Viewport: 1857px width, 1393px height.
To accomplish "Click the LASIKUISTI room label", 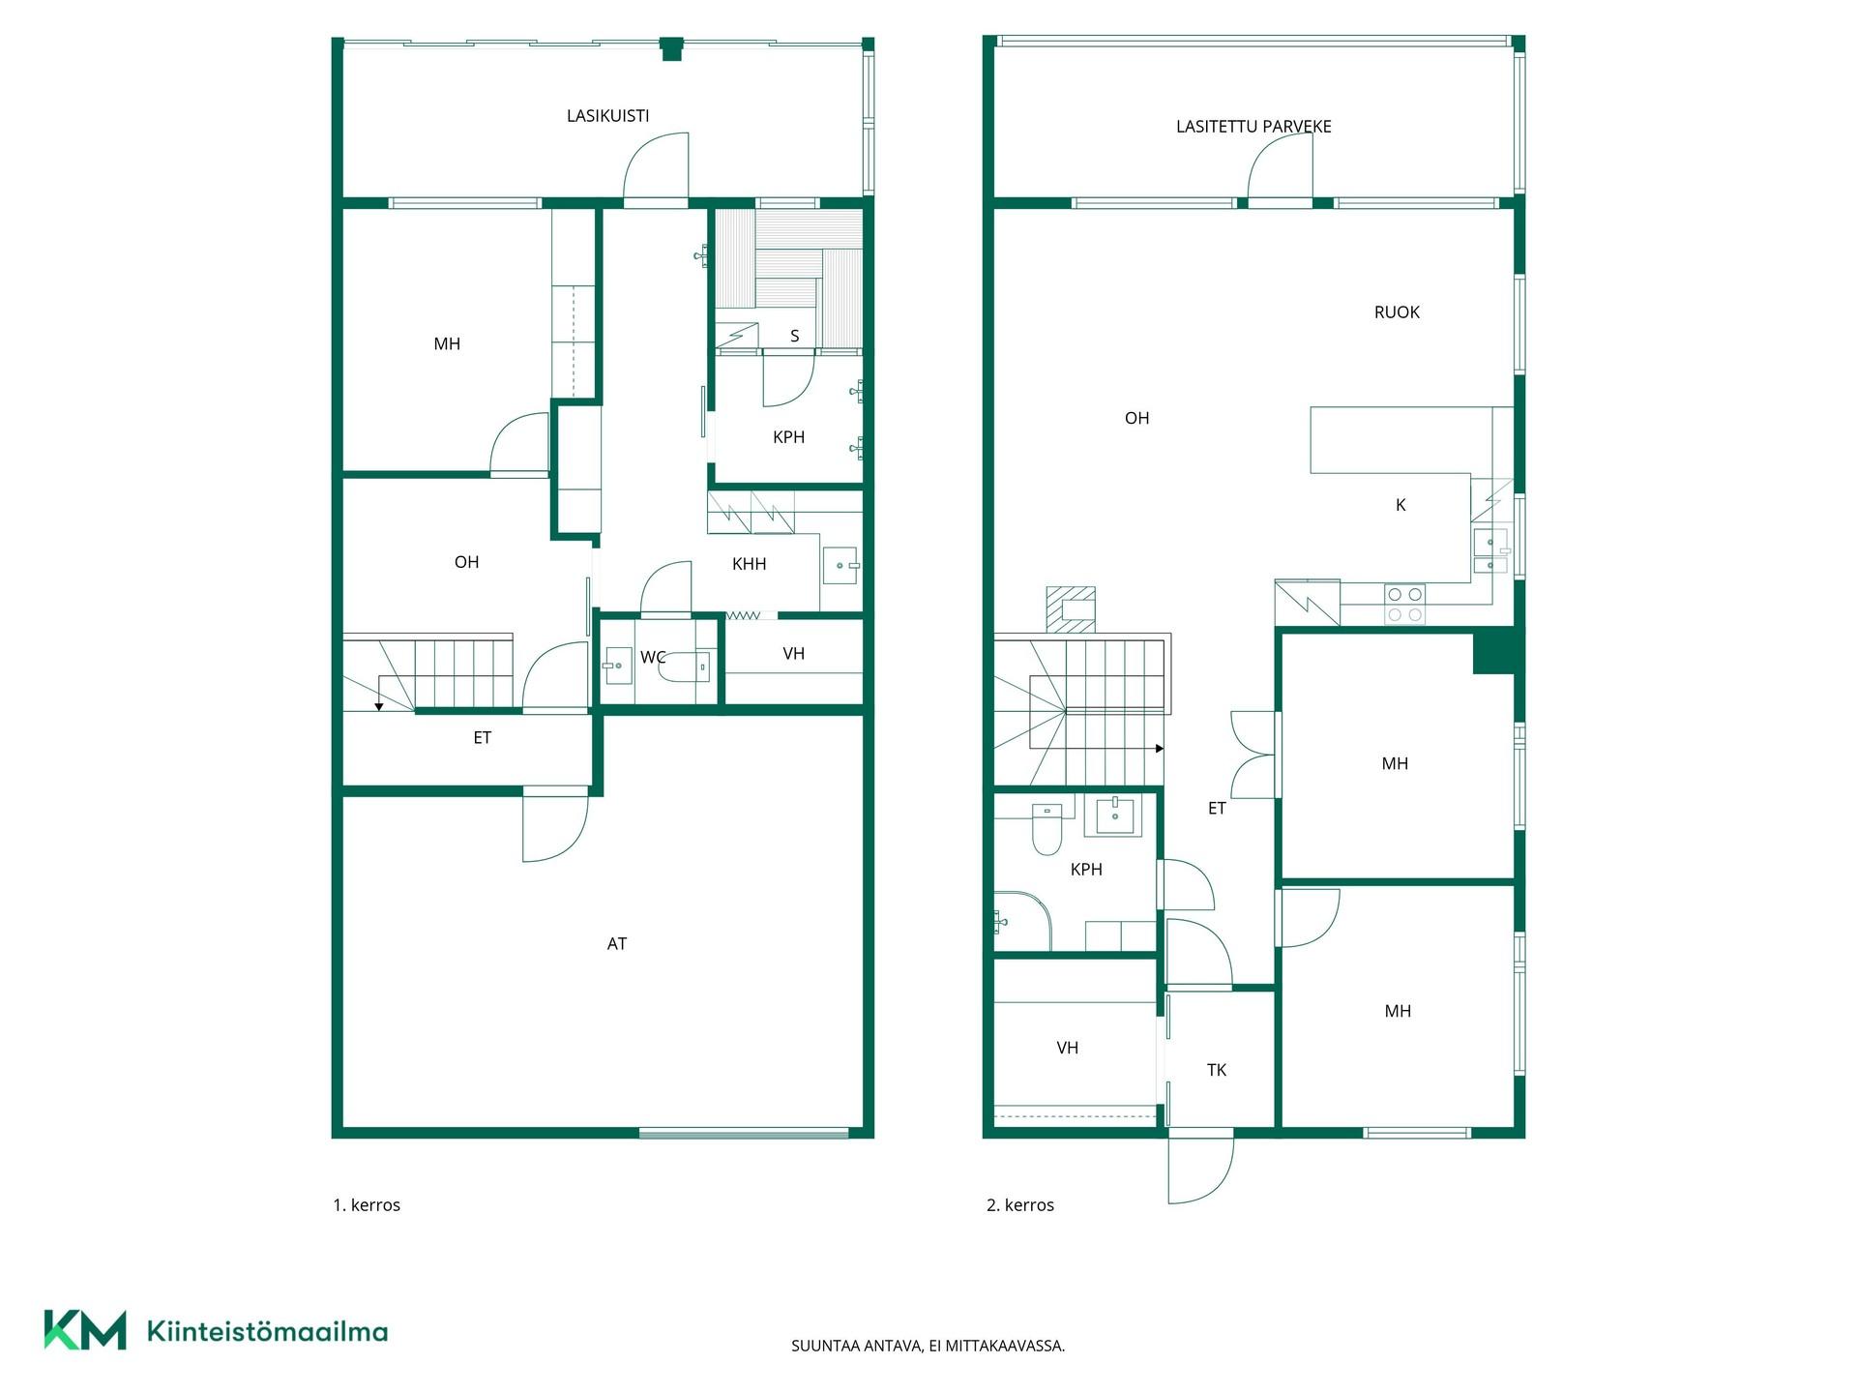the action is pos(607,116).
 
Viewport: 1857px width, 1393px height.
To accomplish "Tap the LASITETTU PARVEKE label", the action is pos(1253,127).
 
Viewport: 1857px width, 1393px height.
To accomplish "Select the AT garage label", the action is pos(617,944).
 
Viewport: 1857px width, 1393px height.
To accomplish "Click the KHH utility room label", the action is pos(750,564).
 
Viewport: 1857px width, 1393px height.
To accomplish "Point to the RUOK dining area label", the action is pos(1397,312).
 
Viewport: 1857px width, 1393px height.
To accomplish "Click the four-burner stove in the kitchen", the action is pos(1404,604).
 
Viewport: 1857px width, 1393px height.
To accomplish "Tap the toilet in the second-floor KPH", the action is pos(1046,829).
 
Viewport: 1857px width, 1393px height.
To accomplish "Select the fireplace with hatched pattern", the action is pos(1071,609).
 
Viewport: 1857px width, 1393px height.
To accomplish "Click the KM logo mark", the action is pos(85,1330).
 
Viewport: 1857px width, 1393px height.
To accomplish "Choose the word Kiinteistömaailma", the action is pos(267,1332).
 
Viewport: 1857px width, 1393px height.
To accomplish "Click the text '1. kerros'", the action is pos(367,1205).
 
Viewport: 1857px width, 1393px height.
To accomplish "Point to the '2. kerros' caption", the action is pos(1020,1205).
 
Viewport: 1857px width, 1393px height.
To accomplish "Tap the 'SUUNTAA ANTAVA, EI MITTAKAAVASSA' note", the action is pos(928,1346).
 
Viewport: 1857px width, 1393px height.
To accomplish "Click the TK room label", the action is pos(1217,1070).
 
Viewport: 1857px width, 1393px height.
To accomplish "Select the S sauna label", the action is pos(795,337).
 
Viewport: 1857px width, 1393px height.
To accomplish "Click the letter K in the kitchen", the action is pos(1400,505).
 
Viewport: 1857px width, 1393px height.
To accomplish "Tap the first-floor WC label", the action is pos(653,658).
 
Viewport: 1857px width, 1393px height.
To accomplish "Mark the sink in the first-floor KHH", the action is pos(840,565).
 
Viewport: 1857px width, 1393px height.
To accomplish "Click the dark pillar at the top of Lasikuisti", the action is pos(671,48).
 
